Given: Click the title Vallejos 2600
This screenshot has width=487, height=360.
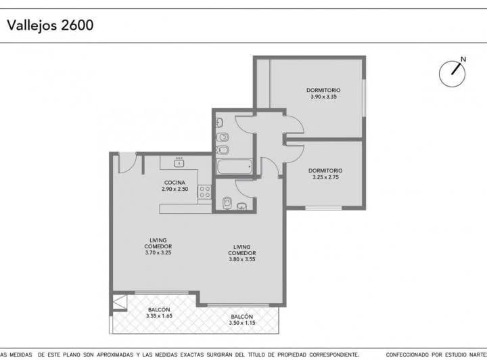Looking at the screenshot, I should [x=50, y=26].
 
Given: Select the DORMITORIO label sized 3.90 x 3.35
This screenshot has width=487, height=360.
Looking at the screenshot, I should [x=323, y=93].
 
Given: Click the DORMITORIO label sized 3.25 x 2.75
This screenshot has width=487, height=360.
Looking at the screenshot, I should [x=325, y=174].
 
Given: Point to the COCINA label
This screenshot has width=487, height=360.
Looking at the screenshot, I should [x=175, y=183].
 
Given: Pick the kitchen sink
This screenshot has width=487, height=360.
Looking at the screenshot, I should [x=179, y=162].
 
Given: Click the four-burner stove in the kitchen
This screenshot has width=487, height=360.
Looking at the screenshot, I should [x=204, y=192].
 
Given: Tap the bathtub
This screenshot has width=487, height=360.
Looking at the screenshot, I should [x=233, y=166].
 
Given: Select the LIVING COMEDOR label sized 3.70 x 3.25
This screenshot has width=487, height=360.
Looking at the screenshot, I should [x=158, y=246].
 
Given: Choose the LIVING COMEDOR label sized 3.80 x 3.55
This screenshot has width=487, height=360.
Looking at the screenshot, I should [x=242, y=250].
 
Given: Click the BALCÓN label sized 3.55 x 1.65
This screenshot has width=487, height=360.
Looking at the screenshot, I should [x=160, y=312].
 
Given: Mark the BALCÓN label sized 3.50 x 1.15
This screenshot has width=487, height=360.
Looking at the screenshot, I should [x=241, y=320].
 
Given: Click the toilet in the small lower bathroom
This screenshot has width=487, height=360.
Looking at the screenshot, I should [x=227, y=202].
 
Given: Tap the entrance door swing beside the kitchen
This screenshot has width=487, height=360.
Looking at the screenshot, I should [x=126, y=163].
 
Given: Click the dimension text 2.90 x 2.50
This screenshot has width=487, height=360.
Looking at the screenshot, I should [x=175, y=189].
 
